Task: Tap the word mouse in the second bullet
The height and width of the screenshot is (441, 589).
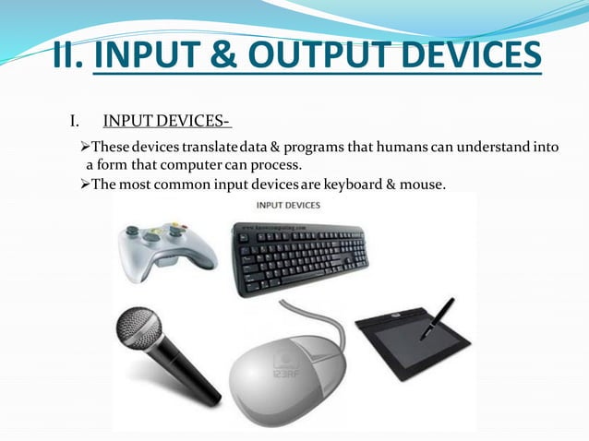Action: tap(423, 185)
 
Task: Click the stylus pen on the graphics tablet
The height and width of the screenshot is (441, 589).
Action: tap(436, 319)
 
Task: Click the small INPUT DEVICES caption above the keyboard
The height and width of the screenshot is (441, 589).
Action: tap(288, 205)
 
